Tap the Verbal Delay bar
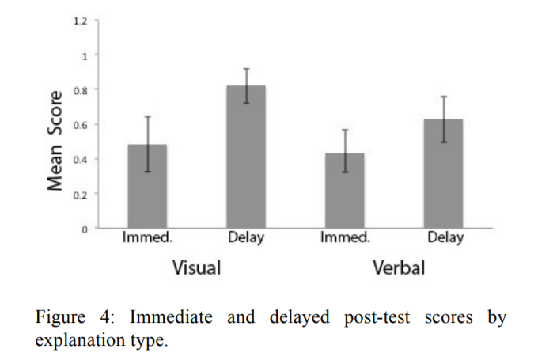[443, 173]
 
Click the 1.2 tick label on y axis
[81, 20]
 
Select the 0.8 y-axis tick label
[81, 89]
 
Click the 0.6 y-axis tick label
[81, 124]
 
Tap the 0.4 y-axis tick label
[81, 159]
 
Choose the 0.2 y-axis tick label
[81, 194]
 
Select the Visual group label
[196, 267]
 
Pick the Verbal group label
[399, 267]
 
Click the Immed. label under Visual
[147, 237]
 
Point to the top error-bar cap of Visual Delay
[246, 69]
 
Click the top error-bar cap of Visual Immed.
[147, 116]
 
